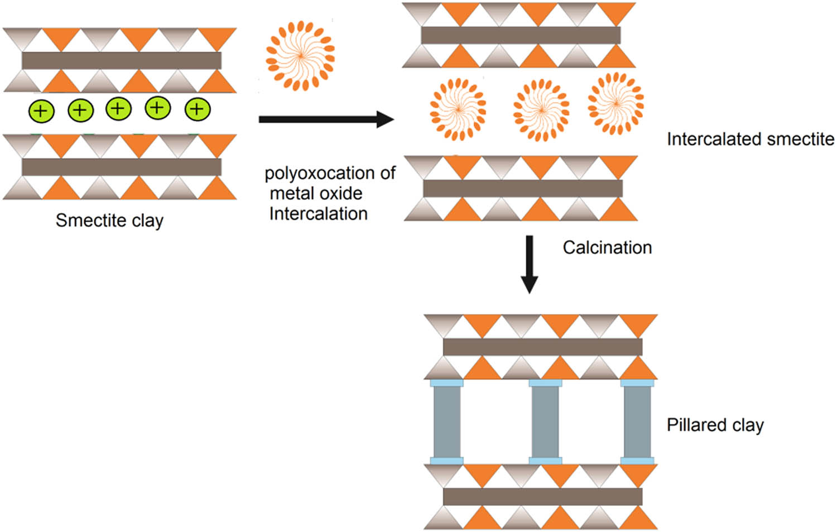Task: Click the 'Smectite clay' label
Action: (x=109, y=221)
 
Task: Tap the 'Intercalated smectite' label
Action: (x=750, y=139)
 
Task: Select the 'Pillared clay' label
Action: (x=715, y=425)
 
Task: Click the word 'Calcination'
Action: (x=607, y=247)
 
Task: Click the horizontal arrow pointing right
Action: (x=326, y=119)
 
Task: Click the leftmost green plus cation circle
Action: (x=41, y=111)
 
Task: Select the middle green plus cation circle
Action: (x=118, y=108)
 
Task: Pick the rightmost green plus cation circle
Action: (x=198, y=109)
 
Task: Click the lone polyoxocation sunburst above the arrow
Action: (x=300, y=55)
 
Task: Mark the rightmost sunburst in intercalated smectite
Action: (x=615, y=103)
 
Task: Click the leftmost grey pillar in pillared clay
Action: (x=447, y=422)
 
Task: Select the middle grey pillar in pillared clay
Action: (x=545, y=422)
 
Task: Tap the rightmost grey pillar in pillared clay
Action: (x=637, y=422)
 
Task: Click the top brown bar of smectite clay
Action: (x=122, y=60)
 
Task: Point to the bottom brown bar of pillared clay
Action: (x=542, y=496)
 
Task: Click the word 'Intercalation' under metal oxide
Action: (x=318, y=214)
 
